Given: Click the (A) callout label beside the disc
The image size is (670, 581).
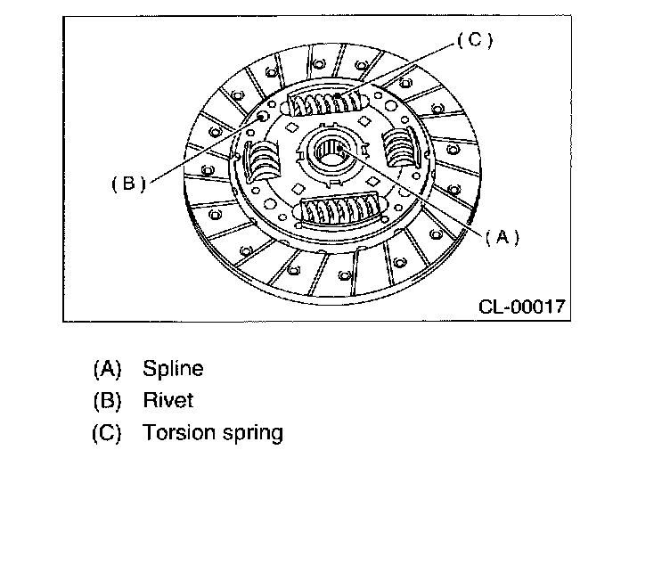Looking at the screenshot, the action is [502, 237].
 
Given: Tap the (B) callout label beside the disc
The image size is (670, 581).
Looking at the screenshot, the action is [128, 183].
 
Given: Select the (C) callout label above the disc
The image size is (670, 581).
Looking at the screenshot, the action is [474, 40].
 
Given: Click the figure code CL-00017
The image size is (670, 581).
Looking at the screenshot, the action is [522, 307].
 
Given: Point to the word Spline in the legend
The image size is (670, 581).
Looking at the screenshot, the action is [173, 368].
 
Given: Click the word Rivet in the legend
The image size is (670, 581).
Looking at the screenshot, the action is [167, 401].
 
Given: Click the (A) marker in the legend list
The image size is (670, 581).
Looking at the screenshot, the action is [106, 368].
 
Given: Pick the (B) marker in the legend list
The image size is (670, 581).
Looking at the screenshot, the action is [106, 401].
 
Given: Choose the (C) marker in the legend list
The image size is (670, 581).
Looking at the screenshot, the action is [106, 434].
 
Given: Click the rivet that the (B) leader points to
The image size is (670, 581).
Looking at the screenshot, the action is [261, 117].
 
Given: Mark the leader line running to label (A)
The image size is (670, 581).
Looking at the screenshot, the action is [419, 192].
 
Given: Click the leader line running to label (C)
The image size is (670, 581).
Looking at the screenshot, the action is [405, 66].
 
